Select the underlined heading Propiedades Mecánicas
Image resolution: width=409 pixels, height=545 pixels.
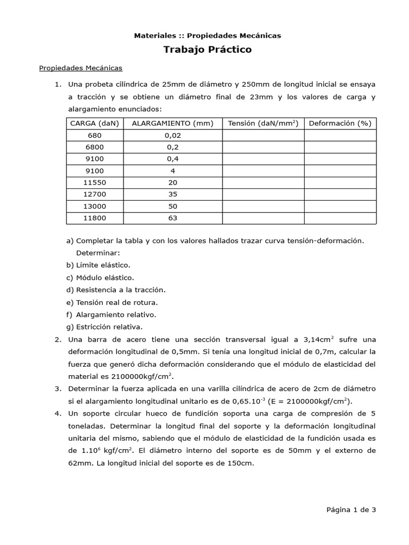[81, 68]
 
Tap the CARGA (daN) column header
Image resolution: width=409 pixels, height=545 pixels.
[94, 123]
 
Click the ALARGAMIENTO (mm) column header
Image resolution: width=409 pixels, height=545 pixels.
[172, 123]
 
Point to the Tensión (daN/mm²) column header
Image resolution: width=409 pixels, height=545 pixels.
[263, 123]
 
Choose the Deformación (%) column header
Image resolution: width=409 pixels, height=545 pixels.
[340, 123]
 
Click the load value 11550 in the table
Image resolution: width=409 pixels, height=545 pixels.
[94, 183]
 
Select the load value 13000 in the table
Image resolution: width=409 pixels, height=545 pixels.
[94, 206]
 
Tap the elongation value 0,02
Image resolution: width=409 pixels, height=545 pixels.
[172, 136]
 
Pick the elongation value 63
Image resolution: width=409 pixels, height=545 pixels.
[172, 218]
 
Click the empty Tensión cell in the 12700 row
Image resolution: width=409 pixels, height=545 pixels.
[263, 194]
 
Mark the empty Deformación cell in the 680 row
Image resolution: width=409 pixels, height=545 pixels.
[340, 136]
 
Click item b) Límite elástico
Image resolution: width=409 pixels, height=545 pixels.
[99, 265]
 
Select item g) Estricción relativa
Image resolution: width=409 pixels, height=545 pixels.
[104, 327]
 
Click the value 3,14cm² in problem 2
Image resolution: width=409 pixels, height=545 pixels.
[318, 340]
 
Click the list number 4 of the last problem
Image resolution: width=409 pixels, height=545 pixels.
[57, 414]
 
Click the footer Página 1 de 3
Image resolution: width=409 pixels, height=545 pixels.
[351, 509]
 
